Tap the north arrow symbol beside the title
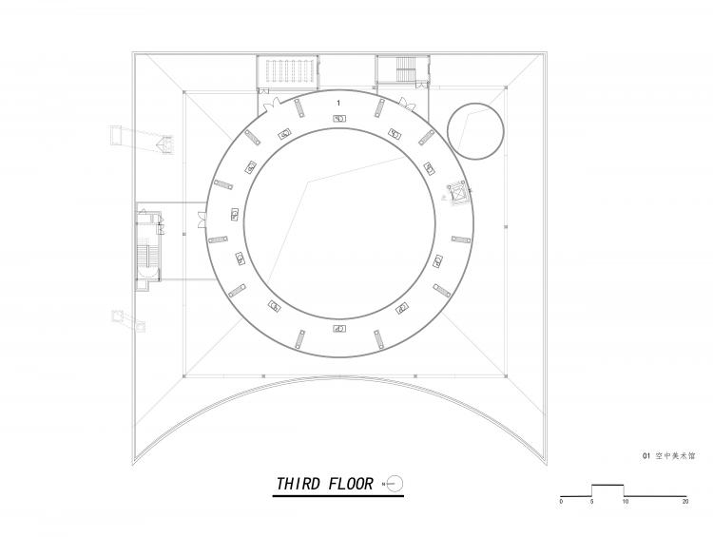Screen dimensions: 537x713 click(395, 484)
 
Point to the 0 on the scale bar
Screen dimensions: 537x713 click(561, 500)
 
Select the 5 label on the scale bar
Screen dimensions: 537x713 click(592, 500)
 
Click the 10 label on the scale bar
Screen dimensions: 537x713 click(625, 500)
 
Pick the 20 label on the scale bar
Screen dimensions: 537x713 click(686, 500)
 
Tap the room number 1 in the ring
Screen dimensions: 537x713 click(338, 102)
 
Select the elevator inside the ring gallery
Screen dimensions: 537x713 click(457, 193)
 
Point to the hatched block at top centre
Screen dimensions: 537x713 click(283, 72)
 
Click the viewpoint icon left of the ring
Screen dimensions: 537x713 click(167, 144)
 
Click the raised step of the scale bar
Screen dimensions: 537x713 click(608, 489)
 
